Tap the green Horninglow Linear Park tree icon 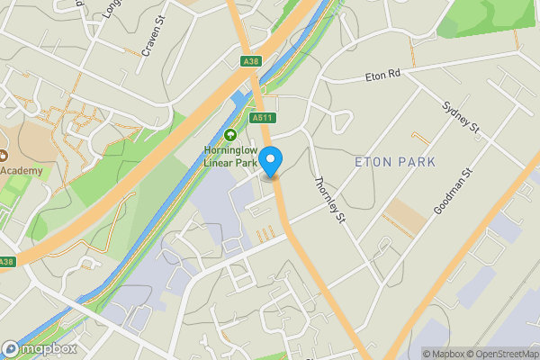coord(229,135)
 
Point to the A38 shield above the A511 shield coord(251,61)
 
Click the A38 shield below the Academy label coord(6,262)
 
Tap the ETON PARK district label coord(395,162)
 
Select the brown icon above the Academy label coord(3,153)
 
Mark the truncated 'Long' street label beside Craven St coord(111,9)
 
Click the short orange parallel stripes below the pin coord(265,235)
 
